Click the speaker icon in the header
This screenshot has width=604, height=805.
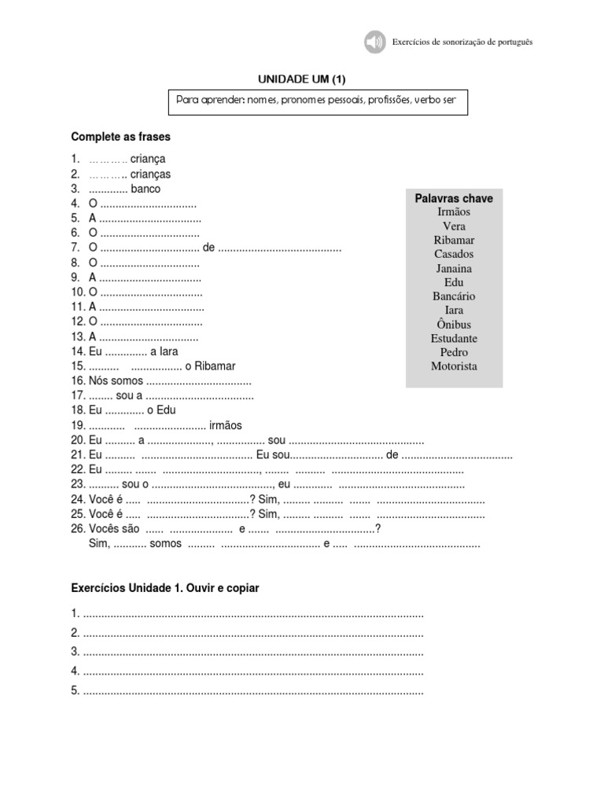[374, 42]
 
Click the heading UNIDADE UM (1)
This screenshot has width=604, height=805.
[302, 79]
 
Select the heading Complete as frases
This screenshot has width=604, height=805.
[120, 137]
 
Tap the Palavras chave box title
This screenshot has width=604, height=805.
[454, 199]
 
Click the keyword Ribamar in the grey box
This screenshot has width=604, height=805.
[454, 240]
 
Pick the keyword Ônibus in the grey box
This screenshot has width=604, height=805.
[454, 324]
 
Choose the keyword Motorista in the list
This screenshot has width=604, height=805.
[454, 366]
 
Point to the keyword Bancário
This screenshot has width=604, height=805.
[454, 296]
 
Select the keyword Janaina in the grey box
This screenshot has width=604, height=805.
[454, 268]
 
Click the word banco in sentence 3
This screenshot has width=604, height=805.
[145, 189]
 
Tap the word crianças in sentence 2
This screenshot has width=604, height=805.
[150, 175]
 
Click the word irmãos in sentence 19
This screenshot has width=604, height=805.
[226, 425]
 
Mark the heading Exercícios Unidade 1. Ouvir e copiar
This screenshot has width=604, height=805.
[164, 588]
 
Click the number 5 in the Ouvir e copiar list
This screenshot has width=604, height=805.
[75, 691]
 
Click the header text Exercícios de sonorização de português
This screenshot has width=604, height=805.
[462, 42]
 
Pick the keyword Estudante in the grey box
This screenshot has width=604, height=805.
[454, 338]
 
